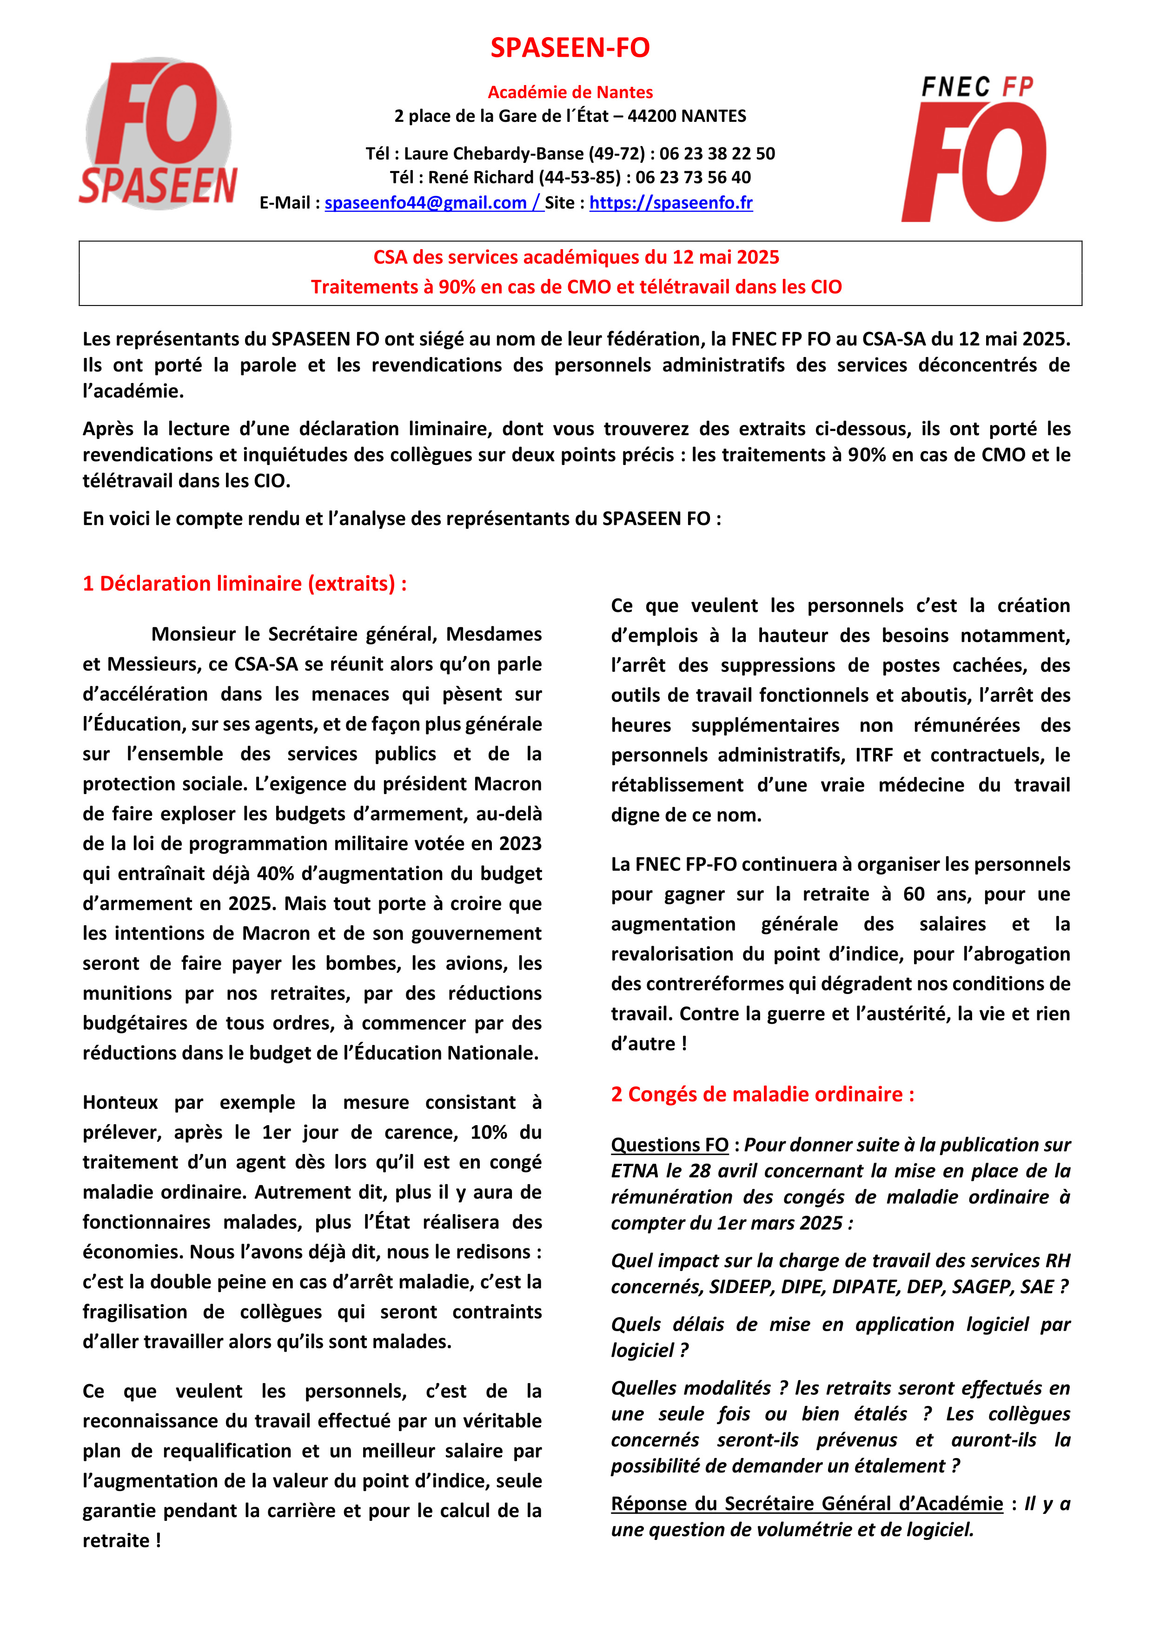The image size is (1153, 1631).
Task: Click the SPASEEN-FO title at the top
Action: [x=570, y=47]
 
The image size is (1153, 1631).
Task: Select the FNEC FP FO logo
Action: [x=974, y=149]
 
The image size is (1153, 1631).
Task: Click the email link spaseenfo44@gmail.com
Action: [x=425, y=203]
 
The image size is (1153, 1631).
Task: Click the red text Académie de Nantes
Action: [x=570, y=93]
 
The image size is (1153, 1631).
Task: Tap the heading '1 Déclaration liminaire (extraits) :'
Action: [x=245, y=584]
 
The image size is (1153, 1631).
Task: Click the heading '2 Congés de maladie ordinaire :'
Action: [x=762, y=1094]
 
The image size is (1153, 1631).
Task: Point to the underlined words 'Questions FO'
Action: [x=669, y=1145]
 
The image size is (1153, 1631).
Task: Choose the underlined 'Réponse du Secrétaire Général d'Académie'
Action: [x=806, y=1504]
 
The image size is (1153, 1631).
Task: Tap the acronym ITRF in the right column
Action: [x=874, y=755]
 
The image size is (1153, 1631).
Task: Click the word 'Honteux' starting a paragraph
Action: [x=120, y=1102]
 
